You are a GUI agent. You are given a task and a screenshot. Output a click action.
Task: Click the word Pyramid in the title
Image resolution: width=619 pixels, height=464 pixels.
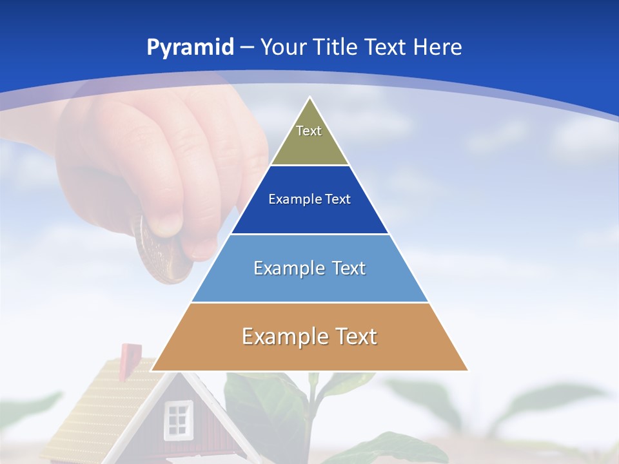190,48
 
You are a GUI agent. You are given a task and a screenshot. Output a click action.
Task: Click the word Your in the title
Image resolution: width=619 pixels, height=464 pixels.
284,47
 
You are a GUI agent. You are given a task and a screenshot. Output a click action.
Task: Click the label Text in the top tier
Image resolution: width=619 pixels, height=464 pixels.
309,131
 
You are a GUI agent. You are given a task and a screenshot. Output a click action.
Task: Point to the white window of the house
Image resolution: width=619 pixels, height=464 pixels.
178,417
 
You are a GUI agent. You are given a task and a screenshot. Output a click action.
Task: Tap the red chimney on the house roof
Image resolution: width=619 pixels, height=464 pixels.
130,354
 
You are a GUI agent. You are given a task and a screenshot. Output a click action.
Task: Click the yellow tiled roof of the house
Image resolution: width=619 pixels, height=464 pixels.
97,400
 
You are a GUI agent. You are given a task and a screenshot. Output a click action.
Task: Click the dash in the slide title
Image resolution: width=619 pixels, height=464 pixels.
247,48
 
